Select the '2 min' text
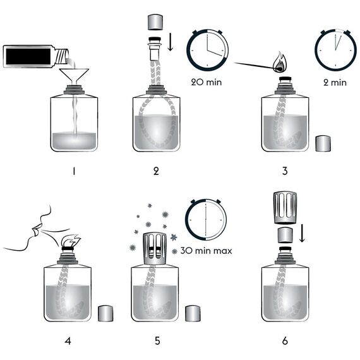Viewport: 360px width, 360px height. [x=335, y=81]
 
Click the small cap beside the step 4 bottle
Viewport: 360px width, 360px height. [x=105, y=313]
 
